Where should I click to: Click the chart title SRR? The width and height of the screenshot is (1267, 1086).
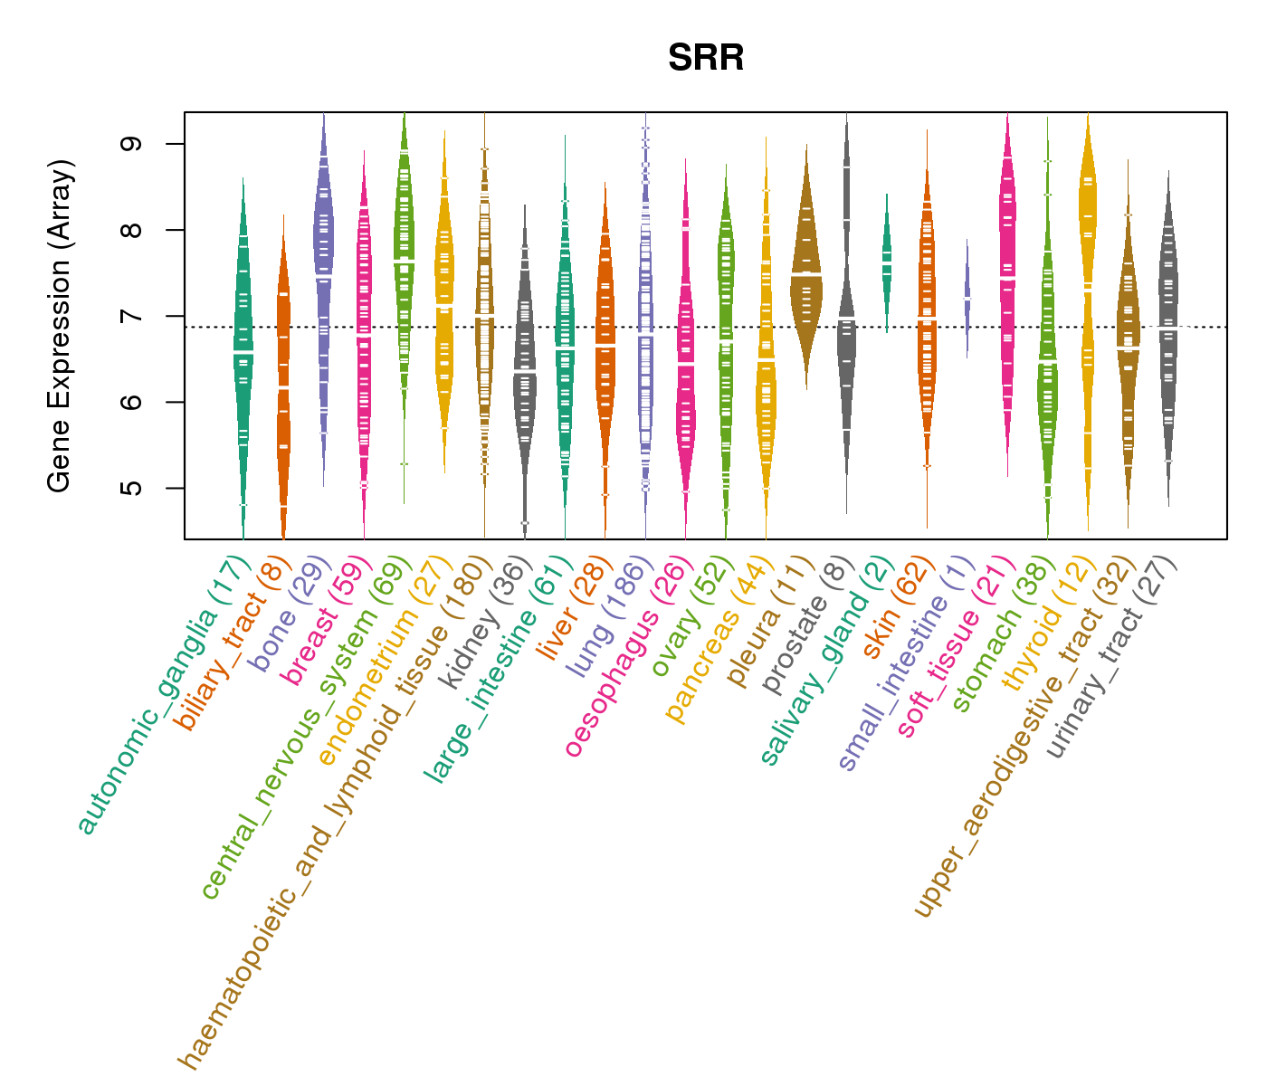[x=706, y=59]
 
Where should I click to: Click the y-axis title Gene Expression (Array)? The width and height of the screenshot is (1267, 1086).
[x=60, y=326]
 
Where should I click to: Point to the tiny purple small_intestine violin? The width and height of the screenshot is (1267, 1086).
[x=967, y=299]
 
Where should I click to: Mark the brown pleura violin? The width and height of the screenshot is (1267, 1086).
[x=805, y=271]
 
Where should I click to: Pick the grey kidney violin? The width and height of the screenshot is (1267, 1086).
[x=525, y=362]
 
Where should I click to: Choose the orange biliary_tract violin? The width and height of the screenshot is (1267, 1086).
[x=283, y=362]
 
